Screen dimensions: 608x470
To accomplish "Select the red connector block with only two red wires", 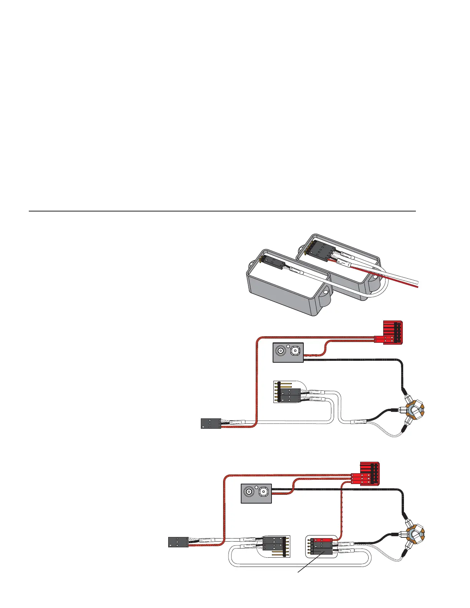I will [392, 332].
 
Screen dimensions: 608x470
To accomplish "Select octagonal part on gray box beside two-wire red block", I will [295, 350].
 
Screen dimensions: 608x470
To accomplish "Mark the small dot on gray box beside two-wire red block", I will [288, 345].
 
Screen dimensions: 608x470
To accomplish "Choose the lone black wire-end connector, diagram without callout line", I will [211, 423].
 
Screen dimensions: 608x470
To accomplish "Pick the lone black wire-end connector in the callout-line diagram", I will [179, 542].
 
